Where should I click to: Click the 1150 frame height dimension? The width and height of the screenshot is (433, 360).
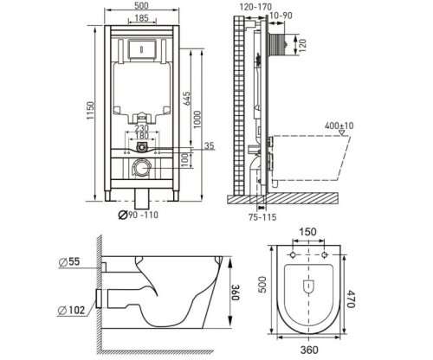click(90, 111)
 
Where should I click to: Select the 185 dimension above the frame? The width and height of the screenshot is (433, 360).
click(142, 18)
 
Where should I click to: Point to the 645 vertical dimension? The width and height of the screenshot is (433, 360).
click(186, 99)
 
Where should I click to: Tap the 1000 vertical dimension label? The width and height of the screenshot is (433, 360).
click(197, 119)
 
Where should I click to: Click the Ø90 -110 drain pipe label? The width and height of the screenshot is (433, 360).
click(139, 215)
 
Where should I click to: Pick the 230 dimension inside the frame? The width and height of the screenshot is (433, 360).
click(141, 128)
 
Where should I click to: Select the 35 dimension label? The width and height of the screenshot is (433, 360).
click(210, 146)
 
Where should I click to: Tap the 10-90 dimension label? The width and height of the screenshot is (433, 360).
click(281, 16)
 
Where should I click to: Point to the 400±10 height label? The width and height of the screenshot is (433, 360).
click(339, 125)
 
